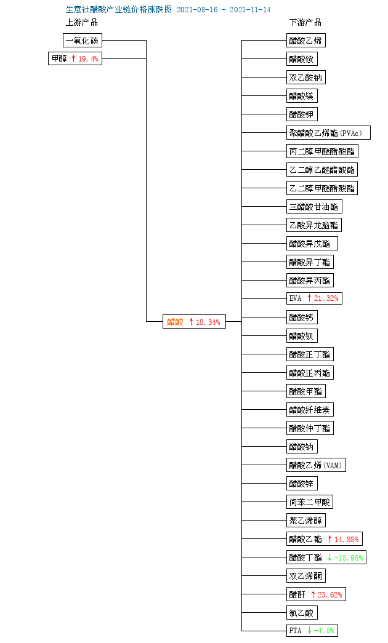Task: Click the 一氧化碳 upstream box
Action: click(x=83, y=41)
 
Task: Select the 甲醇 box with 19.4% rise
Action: click(x=75, y=58)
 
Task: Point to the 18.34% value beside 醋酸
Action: click(x=208, y=322)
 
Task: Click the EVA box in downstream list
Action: click(x=314, y=298)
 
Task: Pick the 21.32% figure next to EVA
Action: click(x=326, y=298)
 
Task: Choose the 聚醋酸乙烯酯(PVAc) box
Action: click(x=328, y=133)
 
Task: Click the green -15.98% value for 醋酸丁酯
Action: click(x=349, y=557)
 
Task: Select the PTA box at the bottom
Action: click(x=312, y=630)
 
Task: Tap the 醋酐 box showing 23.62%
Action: click(x=316, y=594)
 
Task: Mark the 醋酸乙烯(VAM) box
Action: click(x=316, y=465)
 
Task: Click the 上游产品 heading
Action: click(x=82, y=22)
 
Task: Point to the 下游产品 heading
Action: click(x=305, y=22)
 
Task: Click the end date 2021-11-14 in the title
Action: click(x=250, y=9)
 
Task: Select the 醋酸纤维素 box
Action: click(x=310, y=410)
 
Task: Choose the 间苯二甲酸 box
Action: click(x=310, y=502)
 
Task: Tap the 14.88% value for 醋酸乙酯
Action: click(x=347, y=539)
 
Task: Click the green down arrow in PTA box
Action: click(x=310, y=630)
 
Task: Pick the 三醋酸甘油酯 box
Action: click(x=314, y=207)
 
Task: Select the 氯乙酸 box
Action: click(x=302, y=613)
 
